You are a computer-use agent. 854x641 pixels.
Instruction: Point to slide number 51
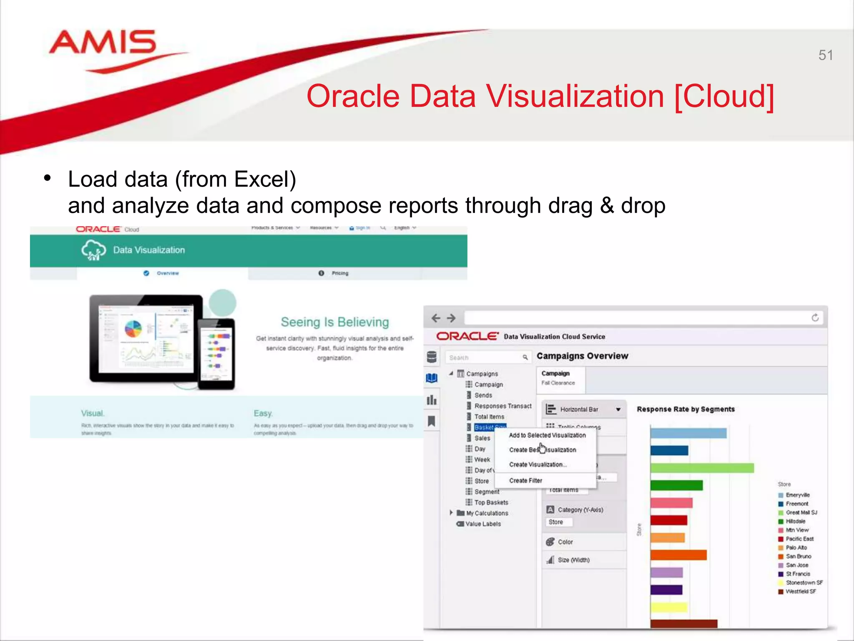pos(825,55)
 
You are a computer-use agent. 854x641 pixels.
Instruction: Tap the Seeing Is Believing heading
pos(334,322)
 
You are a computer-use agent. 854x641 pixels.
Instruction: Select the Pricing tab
pos(339,273)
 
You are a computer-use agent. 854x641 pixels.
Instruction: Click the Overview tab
pos(167,273)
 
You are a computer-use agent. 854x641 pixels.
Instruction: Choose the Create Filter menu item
pos(525,481)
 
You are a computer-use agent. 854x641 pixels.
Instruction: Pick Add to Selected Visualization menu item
pos(547,435)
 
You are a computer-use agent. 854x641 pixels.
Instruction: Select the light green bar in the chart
pos(702,468)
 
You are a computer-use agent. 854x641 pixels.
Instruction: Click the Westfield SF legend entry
pos(800,591)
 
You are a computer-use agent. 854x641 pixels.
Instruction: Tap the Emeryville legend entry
pos(797,495)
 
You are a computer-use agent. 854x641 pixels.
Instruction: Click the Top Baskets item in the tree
pos(491,502)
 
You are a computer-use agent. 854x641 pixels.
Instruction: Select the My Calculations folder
pos(487,513)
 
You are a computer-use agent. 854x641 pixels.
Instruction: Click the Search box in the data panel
pos(484,358)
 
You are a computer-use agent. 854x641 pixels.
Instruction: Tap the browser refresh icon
pos(815,318)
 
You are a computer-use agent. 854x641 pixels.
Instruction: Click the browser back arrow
pos(436,318)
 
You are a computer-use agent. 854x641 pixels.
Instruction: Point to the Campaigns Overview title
pos(582,356)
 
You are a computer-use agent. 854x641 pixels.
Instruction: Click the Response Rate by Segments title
pos(686,409)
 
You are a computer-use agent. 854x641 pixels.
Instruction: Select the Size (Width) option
pos(573,560)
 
